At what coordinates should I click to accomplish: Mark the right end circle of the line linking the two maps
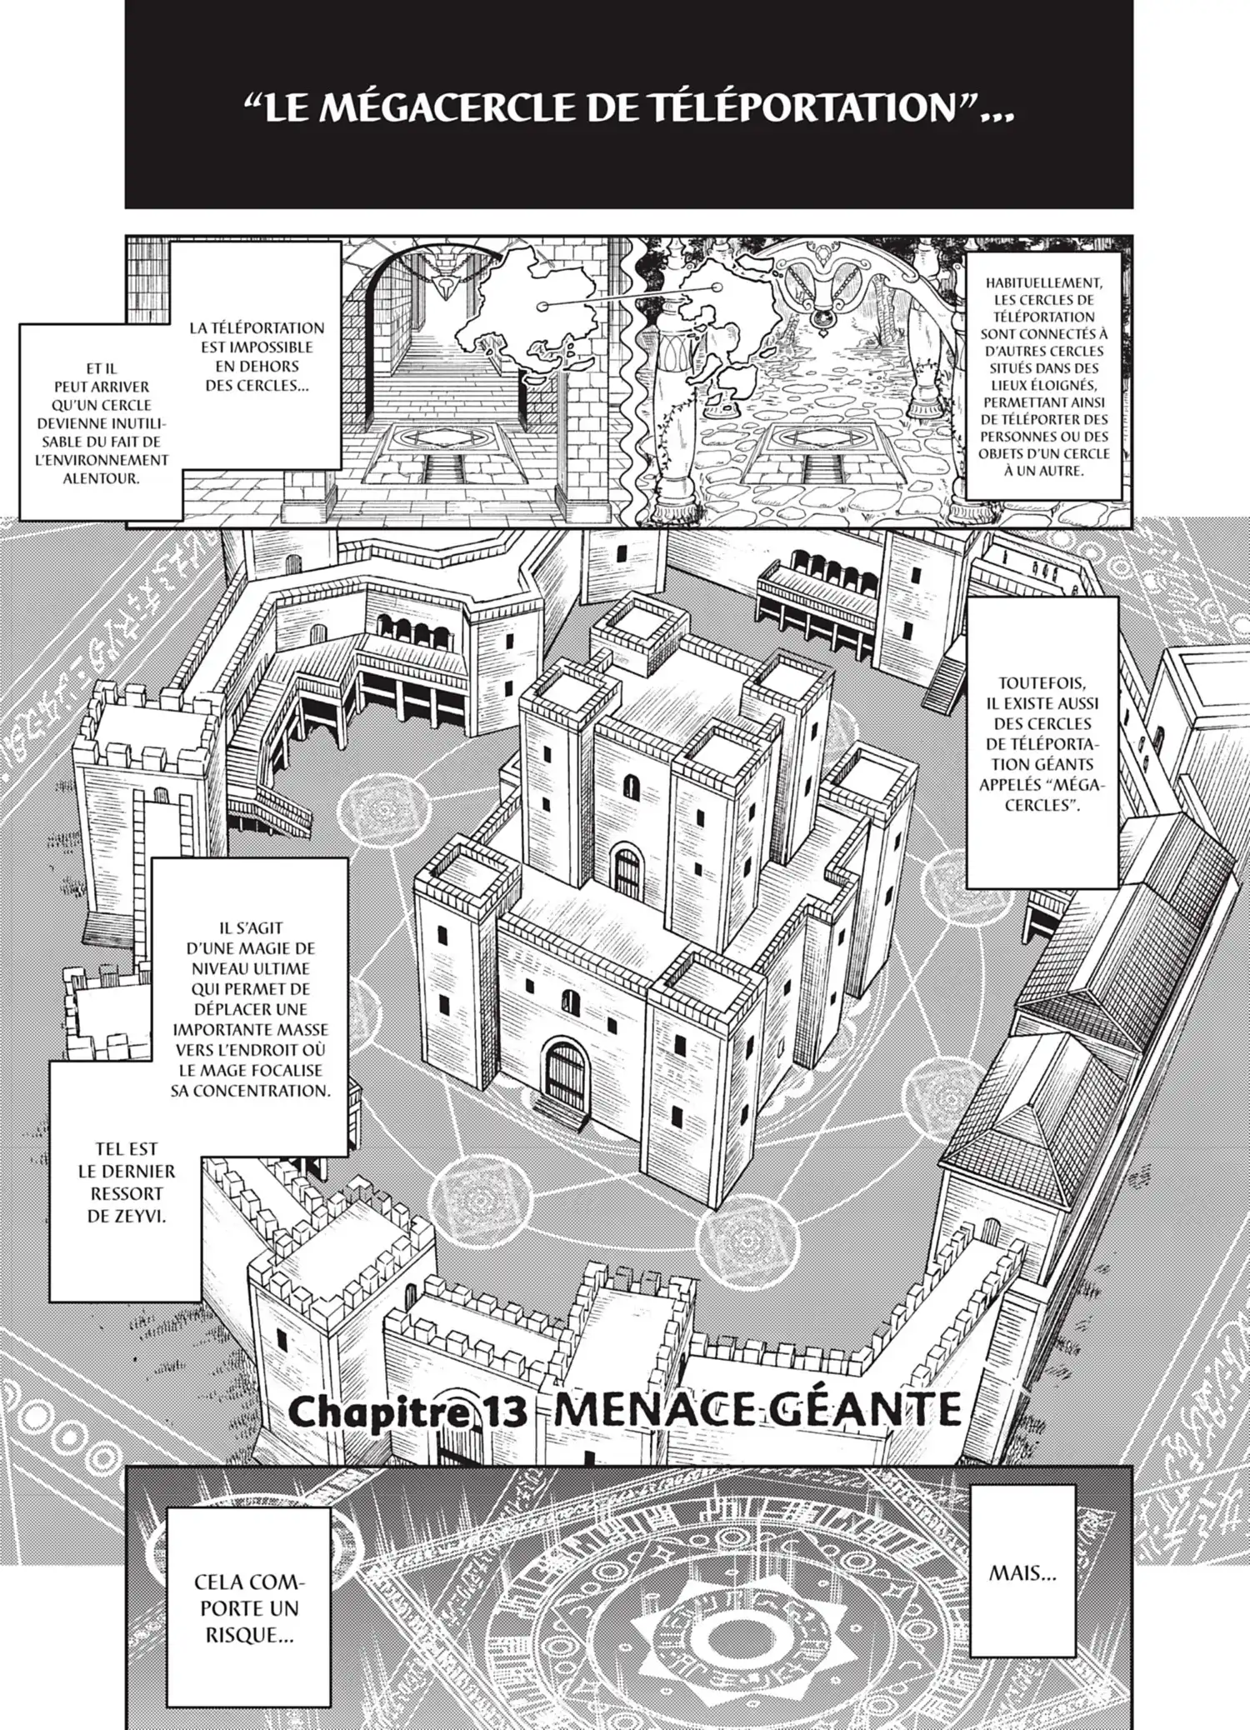point(716,287)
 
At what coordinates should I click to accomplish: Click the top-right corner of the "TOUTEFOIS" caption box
point(1119,597)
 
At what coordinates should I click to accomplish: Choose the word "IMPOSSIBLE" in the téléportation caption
point(257,347)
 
